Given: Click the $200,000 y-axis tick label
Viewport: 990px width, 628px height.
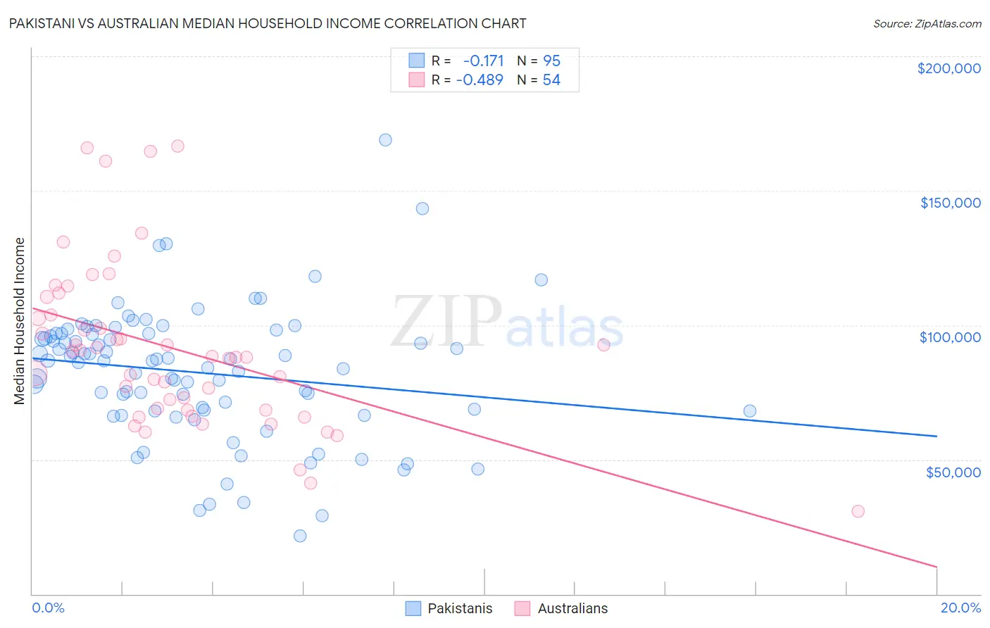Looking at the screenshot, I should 948,68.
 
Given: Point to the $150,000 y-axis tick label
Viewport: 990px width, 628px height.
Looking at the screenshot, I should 950,203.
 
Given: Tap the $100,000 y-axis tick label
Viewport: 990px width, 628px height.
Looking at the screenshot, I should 950,337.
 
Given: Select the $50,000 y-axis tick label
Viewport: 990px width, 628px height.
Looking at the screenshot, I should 953,472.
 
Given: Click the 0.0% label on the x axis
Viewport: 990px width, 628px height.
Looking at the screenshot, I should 48,608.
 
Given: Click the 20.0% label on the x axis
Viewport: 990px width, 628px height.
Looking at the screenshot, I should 960,608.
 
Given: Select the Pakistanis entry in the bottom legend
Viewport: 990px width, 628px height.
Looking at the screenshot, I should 459,608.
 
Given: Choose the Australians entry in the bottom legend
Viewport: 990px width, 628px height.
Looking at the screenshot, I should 572,608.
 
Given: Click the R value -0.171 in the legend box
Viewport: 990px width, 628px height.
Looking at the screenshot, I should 483,61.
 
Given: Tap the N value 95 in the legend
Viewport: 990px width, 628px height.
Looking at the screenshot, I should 551,61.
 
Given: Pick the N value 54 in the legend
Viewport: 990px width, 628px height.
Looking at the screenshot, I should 551,80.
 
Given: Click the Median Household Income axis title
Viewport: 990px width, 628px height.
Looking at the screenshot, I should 19,321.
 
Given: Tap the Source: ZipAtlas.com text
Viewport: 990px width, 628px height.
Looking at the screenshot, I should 927,24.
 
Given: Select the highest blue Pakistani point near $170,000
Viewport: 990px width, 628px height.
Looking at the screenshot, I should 385,140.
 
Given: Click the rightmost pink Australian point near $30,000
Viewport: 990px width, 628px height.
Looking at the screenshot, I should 858,511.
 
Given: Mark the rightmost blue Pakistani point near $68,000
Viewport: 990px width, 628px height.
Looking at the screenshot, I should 750,411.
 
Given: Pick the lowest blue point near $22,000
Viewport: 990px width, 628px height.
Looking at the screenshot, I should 300,536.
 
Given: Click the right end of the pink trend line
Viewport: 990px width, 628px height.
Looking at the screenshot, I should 936,567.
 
